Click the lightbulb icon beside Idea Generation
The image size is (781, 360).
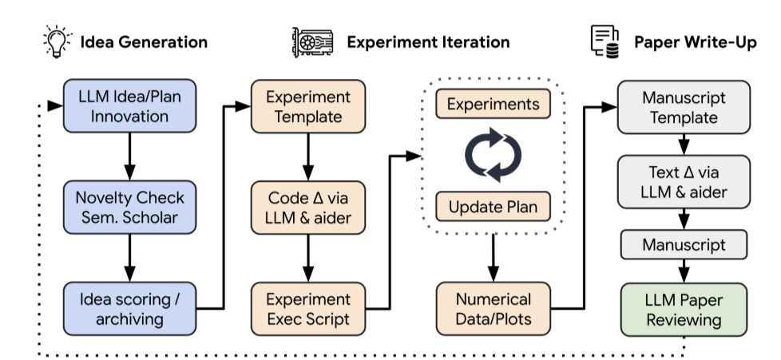point(57,42)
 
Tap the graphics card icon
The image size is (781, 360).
point(313,42)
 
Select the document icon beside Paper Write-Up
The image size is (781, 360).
point(605,42)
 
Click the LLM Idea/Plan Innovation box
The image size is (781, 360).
point(129,106)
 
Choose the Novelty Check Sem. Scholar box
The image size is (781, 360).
point(129,207)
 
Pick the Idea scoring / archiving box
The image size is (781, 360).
point(129,309)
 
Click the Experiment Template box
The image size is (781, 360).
point(307,106)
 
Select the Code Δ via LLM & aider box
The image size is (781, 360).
point(307,208)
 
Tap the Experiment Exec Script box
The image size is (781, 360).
point(307,309)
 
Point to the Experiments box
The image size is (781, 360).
point(493,104)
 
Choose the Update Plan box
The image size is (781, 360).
point(493,207)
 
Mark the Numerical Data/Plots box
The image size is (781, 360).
point(493,309)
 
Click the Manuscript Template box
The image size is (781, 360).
point(684,107)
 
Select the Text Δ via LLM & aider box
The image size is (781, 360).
point(684,182)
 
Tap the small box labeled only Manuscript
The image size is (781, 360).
point(684,244)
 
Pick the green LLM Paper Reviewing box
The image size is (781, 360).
point(684,310)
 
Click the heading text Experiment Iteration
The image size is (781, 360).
point(428,42)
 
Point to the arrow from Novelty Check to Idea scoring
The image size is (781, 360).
point(129,258)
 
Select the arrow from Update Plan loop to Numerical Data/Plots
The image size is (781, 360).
point(493,258)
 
